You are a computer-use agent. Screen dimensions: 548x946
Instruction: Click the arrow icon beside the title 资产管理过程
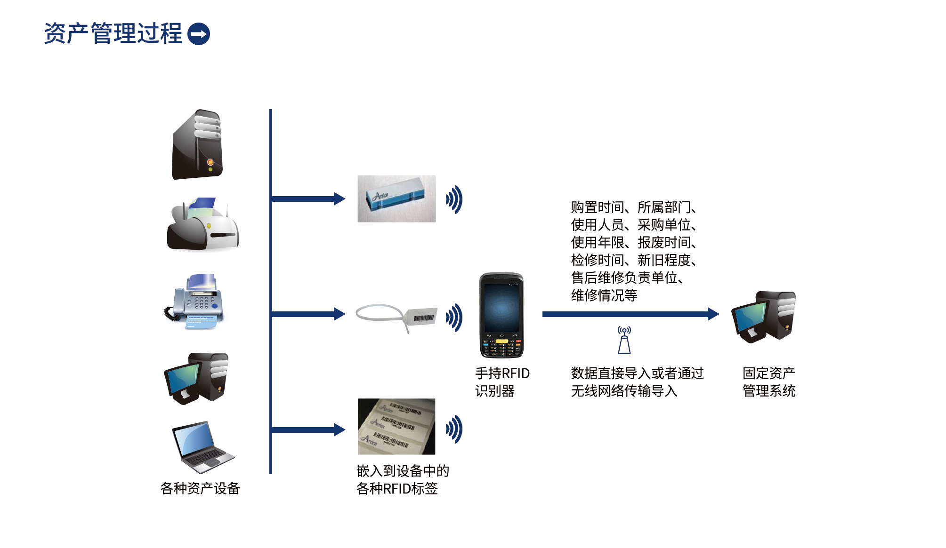click(199, 34)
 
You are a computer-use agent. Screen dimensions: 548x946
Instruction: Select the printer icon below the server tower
click(203, 224)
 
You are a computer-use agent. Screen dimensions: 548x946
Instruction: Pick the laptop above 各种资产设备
click(202, 447)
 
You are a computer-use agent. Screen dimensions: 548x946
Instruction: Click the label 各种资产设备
click(200, 488)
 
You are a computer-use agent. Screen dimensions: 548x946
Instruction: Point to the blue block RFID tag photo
click(396, 199)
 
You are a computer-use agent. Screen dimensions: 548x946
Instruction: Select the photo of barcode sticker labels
click(396, 427)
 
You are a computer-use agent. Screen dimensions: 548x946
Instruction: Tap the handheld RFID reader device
click(501, 315)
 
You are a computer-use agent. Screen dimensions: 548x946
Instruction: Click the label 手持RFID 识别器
click(502, 382)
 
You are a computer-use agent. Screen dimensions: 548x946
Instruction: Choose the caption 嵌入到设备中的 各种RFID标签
click(403, 480)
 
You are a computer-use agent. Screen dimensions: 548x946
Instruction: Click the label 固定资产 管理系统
click(769, 382)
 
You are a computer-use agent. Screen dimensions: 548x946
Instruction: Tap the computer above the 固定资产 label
click(764, 317)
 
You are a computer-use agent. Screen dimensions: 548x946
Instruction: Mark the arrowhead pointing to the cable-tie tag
click(339, 314)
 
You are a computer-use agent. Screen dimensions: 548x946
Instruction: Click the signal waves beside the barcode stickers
click(454, 429)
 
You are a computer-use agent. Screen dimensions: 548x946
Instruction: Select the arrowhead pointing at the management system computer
click(713, 314)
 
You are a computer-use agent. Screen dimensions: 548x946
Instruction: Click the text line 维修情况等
click(604, 295)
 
